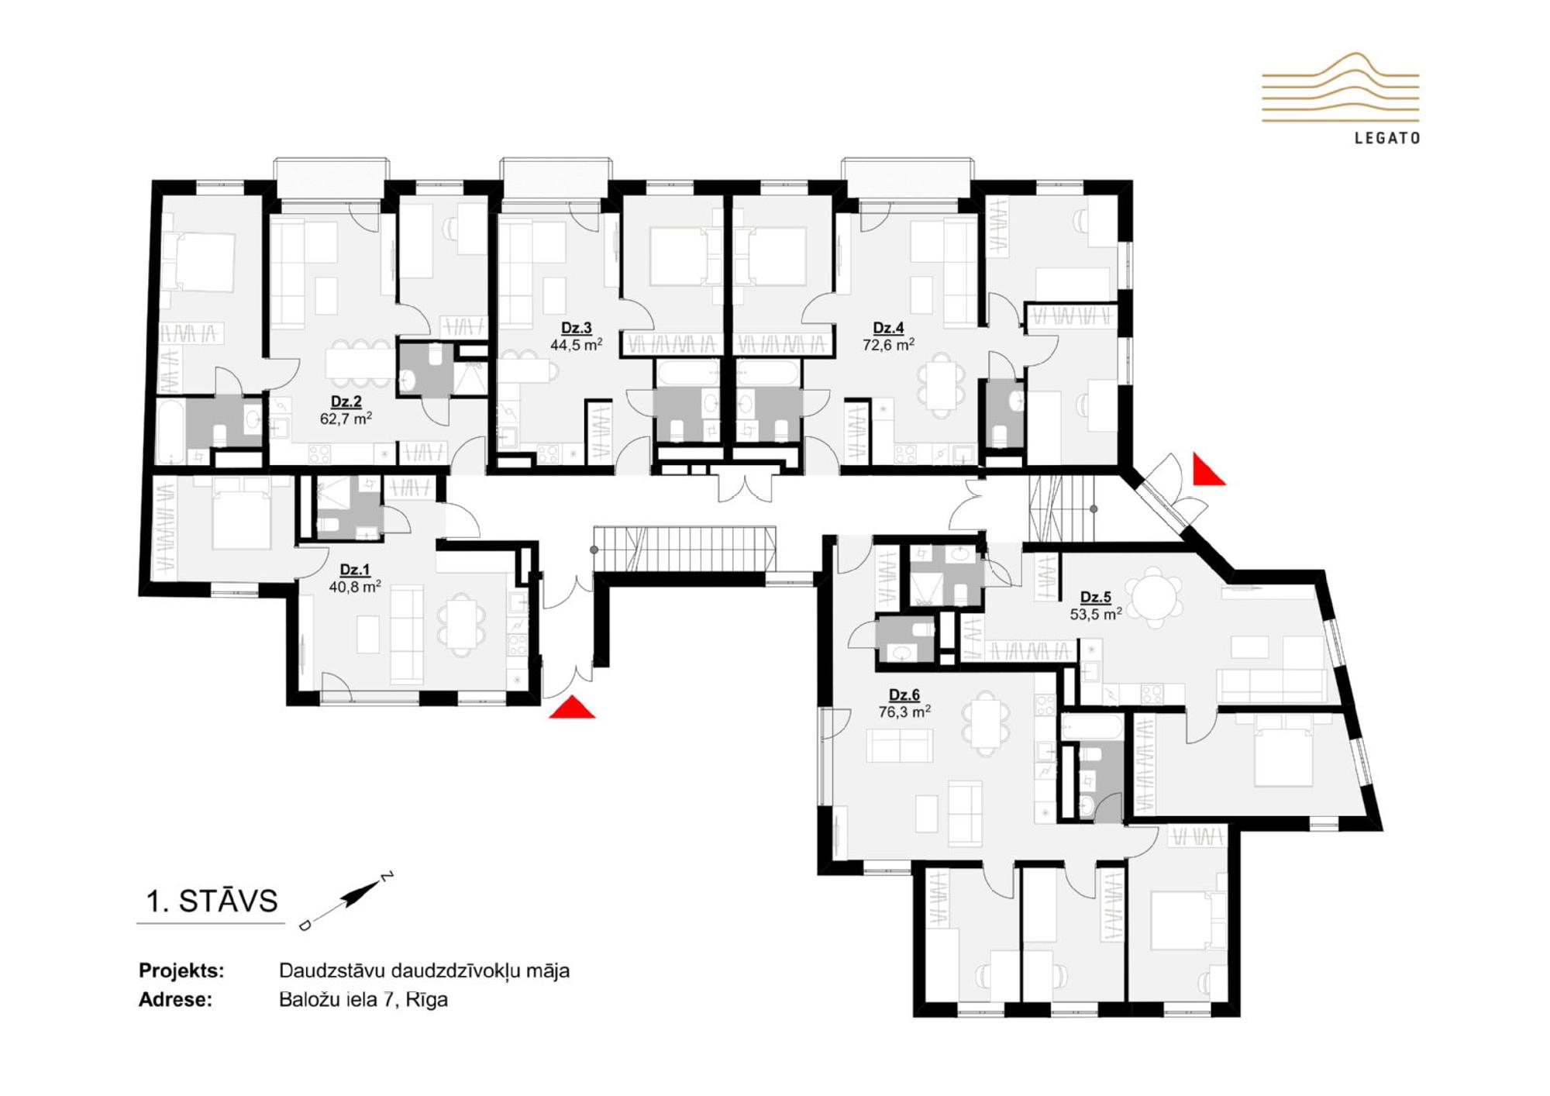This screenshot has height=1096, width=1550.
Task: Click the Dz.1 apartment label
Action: tap(354, 570)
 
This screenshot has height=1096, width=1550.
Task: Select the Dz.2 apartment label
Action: tap(346, 402)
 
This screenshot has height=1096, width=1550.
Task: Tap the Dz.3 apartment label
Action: tap(576, 328)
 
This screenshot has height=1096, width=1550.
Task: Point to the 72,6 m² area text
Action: tap(888, 345)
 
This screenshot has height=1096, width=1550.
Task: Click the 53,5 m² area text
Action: tap(1095, 614)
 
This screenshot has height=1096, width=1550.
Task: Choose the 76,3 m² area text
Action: tap(904, 711)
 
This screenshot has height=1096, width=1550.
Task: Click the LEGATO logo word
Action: tap(1387, 138)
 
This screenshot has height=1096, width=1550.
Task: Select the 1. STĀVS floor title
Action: tap(212, 901)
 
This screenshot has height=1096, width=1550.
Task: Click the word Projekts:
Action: tap(181, 970)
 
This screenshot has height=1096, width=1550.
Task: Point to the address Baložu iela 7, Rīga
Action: tap(363, 999)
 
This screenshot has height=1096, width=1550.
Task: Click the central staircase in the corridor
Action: tap(684, 549)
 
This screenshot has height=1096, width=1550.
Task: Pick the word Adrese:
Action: tap(175, 1000)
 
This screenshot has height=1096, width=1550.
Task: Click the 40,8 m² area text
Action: tap(354, 587)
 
